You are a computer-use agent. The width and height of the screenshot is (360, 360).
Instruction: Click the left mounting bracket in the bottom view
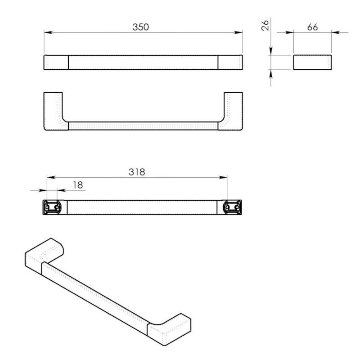[x=53, y=207]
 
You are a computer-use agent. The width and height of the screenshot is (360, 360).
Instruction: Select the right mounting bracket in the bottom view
[x=232, y=207]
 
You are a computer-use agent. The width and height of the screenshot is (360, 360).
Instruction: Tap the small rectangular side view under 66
[x=313, y=63]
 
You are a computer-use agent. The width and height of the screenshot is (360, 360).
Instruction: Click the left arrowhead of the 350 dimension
[x=47, y=32]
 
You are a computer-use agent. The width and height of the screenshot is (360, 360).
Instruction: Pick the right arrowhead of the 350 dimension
[x=239, y=32]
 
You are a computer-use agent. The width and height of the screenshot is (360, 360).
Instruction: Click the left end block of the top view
[x=56, y=62]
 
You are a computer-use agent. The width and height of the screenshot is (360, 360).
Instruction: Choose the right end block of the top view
[x=230, y=62]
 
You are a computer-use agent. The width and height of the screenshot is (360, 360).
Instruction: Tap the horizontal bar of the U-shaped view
[x=143, y=126]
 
